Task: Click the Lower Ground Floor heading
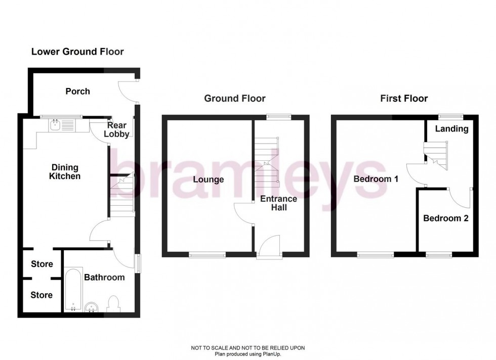pyautogui.click(x=77, y=52)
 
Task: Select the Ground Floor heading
pyautogui.click(x=235, y=98)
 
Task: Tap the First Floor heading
pyautogui.click(x=404, y=98)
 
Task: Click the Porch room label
pyautogui.click(x=77, y=92)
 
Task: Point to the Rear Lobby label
pyautogui.click(x=117, y=130)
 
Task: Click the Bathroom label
pyautogui.click(x=104, y=278)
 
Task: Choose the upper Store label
pyautogui.click(x=42, y=264)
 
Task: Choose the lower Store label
pyautogui.click(x=42, y=295)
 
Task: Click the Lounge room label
pyautogui.click(x=208, y=179)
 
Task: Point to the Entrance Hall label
pyautogui.click(x=278, y=203)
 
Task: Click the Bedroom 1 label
pyautogui.click(x=376, y=179)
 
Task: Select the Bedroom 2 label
pyautogui.click(x=445, y=218)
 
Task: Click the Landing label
pyautogui.click(x=451, y=128)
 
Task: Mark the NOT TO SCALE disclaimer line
pyautogui.click(x=247, y=348)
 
